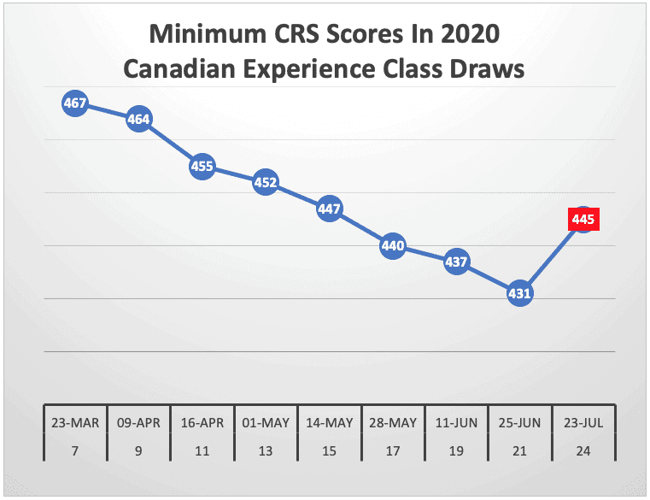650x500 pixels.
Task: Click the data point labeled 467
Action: point(75,103)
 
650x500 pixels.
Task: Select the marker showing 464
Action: point(138,120)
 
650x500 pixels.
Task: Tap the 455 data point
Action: point(202,167)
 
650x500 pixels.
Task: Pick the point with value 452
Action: point(266,182)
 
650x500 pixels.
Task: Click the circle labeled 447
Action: point(330,209)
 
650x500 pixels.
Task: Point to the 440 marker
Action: point(393,246)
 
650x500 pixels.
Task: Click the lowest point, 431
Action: point(520,293)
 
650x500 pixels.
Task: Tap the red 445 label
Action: point(583,221)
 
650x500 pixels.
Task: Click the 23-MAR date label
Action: point(75,423)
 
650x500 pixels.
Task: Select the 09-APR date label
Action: point(138,423)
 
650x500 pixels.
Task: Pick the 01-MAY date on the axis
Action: point(266,423)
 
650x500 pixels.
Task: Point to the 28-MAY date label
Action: point(393,423)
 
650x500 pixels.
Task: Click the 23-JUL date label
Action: point(583,423)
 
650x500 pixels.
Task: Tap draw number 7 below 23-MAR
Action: point(75,450)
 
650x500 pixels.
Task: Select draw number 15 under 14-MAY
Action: point(330,450)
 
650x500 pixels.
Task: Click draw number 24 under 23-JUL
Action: point(583,450)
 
